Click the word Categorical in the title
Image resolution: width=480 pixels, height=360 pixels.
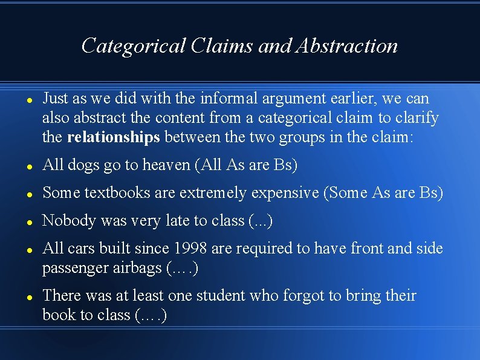[132, 45]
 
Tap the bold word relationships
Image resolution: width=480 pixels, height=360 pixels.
[114, 137]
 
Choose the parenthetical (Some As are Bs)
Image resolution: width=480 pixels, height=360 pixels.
[383, 193]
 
